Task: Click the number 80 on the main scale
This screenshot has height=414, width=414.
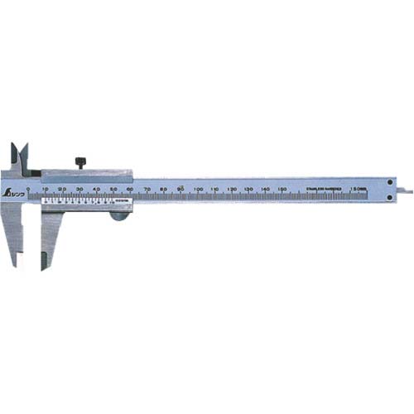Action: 164,190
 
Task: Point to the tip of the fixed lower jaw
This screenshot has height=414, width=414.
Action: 13,262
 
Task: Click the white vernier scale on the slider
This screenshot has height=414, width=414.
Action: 79,200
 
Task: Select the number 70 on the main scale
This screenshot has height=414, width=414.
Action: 147,190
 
